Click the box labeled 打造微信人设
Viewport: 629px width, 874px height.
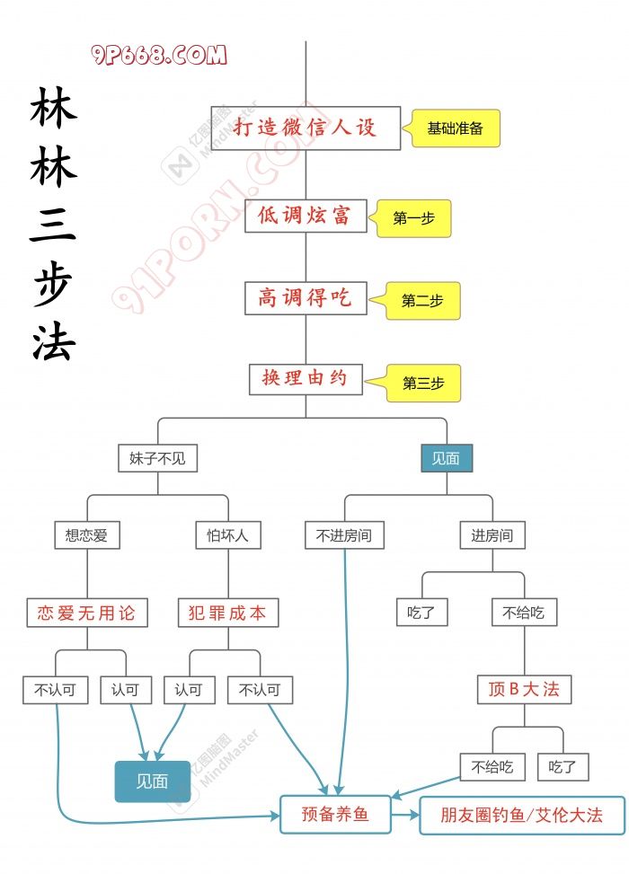point(306,128)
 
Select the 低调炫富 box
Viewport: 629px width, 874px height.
point(306,216)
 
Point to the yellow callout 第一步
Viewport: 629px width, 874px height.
point(415,218)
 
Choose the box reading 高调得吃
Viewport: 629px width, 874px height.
point(306,298)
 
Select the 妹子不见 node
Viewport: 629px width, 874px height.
point(157,458)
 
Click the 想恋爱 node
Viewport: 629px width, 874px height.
point(86,536)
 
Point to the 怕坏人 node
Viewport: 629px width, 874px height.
point(228,536)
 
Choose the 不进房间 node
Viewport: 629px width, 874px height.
point(344,536)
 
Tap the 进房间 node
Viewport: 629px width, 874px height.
point(492,536)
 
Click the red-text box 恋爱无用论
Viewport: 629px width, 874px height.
point(86,614)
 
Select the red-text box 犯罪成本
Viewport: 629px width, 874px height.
point(227,614)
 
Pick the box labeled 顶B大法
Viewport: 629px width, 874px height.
point(524,689)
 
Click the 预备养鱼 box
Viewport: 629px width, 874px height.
point(336,815)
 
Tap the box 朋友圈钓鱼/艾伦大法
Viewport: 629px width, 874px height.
point(521,816)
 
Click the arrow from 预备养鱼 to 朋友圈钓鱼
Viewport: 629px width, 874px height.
point(406,816)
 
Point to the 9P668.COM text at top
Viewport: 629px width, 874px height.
point(158,56)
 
